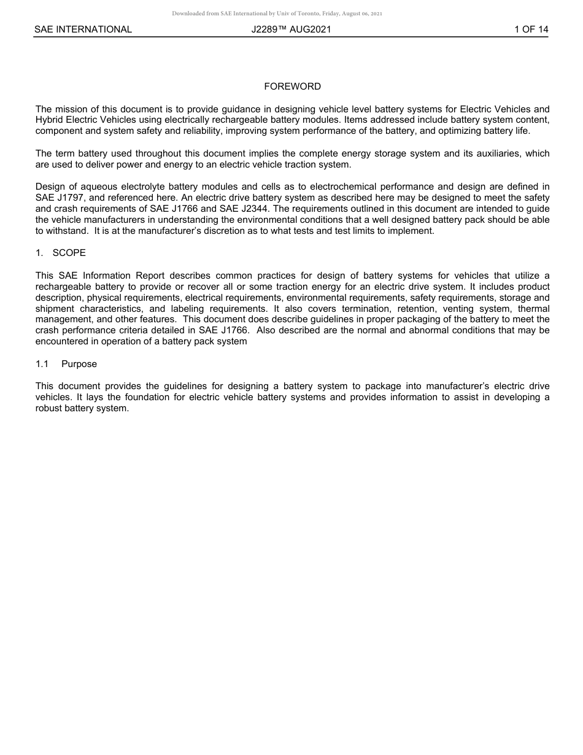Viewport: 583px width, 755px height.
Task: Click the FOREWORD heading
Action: pos(292,87)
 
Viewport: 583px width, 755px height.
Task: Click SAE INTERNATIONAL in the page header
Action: pos(83,29)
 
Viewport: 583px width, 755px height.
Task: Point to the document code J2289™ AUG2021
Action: pos(291,29)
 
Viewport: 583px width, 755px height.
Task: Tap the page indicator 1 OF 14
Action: pos(531,29)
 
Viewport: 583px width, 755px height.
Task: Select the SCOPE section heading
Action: pos(69,253)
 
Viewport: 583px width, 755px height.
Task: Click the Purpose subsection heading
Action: pos(79,364)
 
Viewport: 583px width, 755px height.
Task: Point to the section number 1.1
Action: pos(42,364)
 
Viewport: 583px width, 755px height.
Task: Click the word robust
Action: pos(49,408)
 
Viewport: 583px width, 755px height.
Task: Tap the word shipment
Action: pos(55,308)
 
